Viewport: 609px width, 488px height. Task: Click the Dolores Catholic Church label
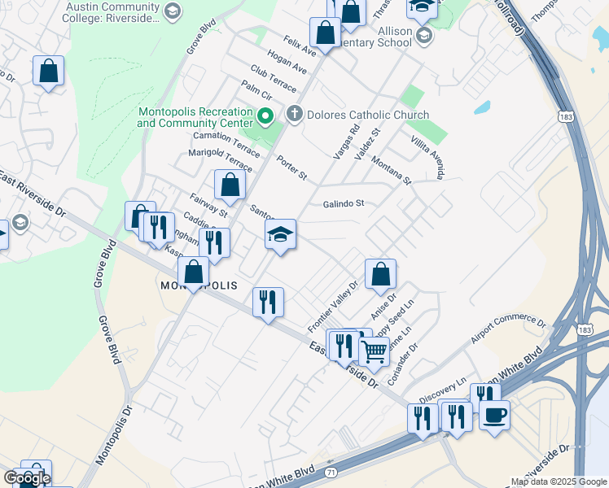pos(367,115)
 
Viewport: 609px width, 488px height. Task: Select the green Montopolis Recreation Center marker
pos(265,117)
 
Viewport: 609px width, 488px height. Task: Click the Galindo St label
pos(343,204)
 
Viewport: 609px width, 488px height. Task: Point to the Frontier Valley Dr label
pos(333,307)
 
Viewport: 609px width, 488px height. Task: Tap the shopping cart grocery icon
pos(374,351)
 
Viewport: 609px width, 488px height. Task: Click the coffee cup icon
pos(494,416)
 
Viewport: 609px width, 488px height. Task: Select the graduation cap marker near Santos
pos(280,235)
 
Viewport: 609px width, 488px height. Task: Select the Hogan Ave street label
pos(281,62)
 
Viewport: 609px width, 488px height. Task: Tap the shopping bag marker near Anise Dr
pos(380,275)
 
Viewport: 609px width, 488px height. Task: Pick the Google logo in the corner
pos(27,478)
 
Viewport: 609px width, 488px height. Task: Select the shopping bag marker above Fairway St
pos(230,185)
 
